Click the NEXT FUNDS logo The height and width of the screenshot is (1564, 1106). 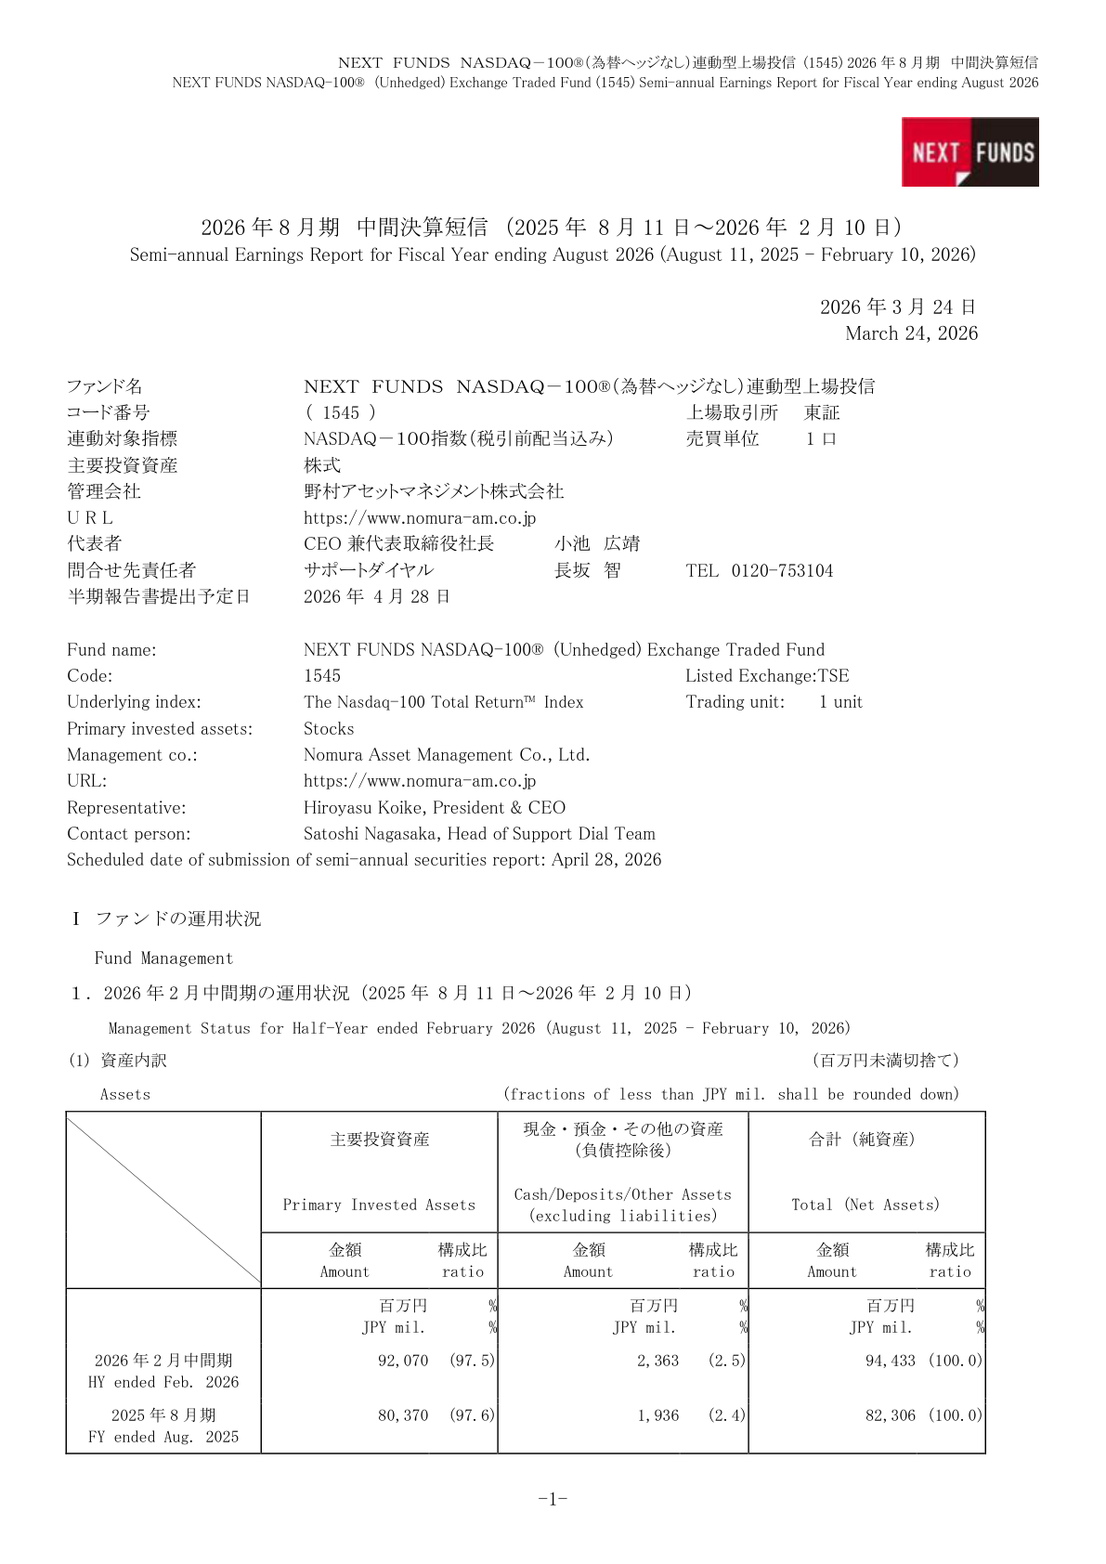point(969,151)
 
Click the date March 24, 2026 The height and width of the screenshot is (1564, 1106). point(911,333)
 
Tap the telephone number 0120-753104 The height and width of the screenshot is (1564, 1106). point(782,570)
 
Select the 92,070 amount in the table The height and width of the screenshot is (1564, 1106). point(403,1361)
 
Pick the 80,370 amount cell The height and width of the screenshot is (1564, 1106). point(403,1415)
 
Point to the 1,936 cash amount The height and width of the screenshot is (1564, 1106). point(657,1415)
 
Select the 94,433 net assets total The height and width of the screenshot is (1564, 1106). point(891,1361)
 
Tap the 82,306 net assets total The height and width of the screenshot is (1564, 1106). point(891,1415)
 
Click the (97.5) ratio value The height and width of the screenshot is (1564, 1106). point(473,1361)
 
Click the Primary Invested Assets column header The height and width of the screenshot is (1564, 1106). point(379,1205)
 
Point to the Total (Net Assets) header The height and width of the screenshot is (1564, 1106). point(865,1205)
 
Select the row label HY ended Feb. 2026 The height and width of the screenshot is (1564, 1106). point(163,1382)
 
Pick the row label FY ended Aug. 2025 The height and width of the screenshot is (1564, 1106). point(163,1437)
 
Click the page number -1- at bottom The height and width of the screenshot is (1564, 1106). point(553,1499)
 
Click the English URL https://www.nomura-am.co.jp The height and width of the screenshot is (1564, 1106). point(420,781)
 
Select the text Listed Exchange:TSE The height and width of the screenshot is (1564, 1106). point(767,676)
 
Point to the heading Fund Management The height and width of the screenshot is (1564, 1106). point(163,958)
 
